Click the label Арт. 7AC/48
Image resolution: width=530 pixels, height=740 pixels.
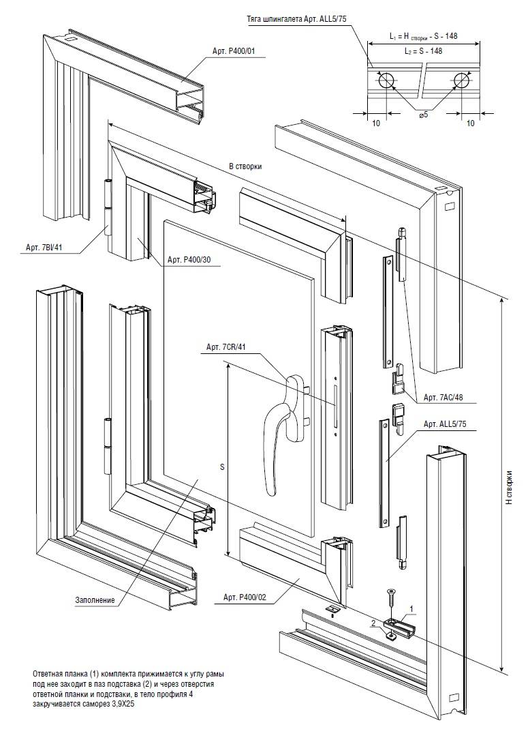[446, 397]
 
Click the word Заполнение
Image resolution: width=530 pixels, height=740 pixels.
[95, 601]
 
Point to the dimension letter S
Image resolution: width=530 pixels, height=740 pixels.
[222, 467]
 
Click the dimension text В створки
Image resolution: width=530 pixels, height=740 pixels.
[245, 166]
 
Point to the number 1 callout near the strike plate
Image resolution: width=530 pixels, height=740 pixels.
[410, 607]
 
